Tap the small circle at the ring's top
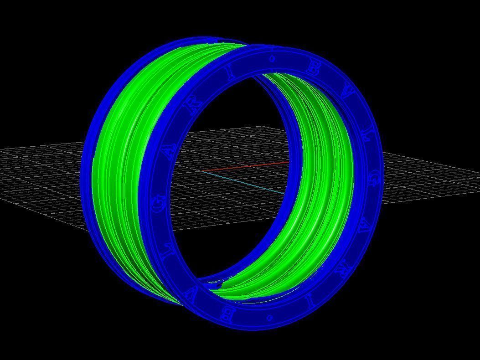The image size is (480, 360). tap(272, 58)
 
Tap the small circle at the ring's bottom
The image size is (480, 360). tap(269, 316)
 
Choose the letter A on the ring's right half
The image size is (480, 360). tap(365, 227)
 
